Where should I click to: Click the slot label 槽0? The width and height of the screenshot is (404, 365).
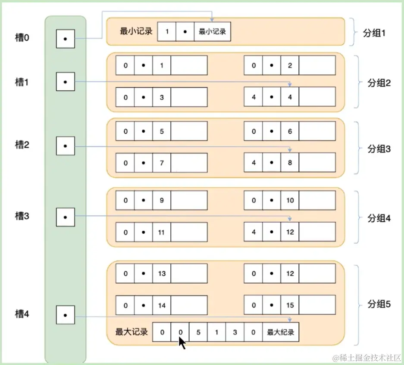(22, 38)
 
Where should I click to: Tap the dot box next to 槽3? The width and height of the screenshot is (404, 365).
(65, 217)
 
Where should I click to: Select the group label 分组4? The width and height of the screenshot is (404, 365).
(379, 218)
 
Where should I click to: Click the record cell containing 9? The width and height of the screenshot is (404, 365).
(162, 201)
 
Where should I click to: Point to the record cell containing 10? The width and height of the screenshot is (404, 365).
(290, 201)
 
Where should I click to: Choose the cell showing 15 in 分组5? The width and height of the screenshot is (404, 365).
(290, 305)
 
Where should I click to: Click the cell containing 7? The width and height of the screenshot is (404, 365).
(162, 163)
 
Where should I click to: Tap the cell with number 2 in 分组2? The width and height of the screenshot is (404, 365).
(290, 65)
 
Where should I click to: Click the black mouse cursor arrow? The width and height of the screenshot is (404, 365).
(182, 343)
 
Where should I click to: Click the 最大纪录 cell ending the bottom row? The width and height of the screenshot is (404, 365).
(280, 332)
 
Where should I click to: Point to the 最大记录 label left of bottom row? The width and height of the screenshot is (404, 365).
(132, 332)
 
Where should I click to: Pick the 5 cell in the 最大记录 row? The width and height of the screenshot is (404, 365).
(198, 332)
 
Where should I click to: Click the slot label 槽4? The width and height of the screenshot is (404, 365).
(22, 314)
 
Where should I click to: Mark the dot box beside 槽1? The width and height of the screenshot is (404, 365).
(65, 82)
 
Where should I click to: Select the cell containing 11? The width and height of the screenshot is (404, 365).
(162, 232)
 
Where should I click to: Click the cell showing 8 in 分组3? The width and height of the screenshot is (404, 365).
(290, 163)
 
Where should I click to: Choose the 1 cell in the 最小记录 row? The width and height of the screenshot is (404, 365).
(167, 32)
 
